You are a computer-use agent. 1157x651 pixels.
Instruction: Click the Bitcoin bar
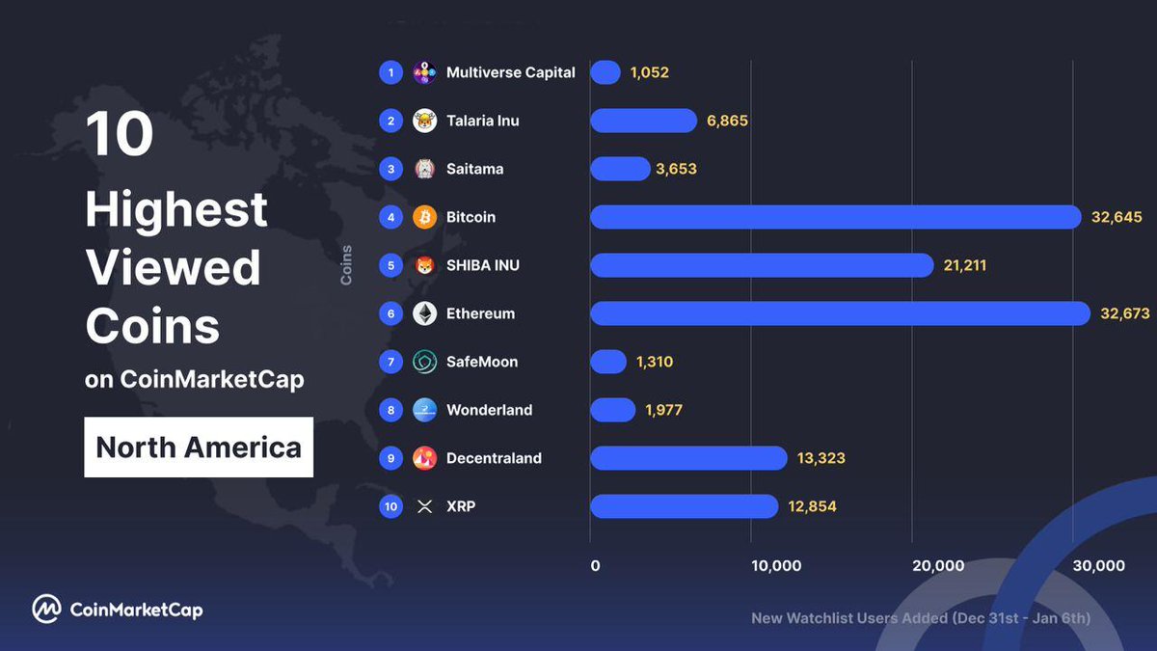[835, 217]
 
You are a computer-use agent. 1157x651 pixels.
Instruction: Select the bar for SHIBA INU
[762, 265]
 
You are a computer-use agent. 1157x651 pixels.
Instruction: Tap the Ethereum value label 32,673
[1124, 313]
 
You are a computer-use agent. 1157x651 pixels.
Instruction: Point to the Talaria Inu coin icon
[424, 121]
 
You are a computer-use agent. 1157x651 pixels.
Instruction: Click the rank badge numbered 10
[390, 506]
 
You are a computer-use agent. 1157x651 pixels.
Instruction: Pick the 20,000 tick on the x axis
[938, 566]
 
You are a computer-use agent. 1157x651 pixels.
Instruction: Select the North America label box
[199, 448]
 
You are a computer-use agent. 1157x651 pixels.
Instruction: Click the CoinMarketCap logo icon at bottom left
[46, 609]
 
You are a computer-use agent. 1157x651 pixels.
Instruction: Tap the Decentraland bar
[688, 458]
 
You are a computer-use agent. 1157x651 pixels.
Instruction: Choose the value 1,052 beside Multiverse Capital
[649, 72]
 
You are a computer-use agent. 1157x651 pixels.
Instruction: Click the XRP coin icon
[424, 506]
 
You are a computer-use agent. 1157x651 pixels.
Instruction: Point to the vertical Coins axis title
[346, 265]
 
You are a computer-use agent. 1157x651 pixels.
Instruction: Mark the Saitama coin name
[474, 169]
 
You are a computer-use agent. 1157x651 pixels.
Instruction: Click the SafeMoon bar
[608, 362]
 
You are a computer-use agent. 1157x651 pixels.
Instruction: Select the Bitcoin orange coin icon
[424, 217]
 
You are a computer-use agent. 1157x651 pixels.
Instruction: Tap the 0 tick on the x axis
[595, 566]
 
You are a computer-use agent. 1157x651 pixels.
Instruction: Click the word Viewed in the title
[174, 267]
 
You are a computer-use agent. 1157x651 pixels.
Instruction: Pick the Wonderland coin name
[489, 410]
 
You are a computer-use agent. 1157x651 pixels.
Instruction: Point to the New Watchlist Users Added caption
[921, 618]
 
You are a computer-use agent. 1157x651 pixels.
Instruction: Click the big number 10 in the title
[120, 134]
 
